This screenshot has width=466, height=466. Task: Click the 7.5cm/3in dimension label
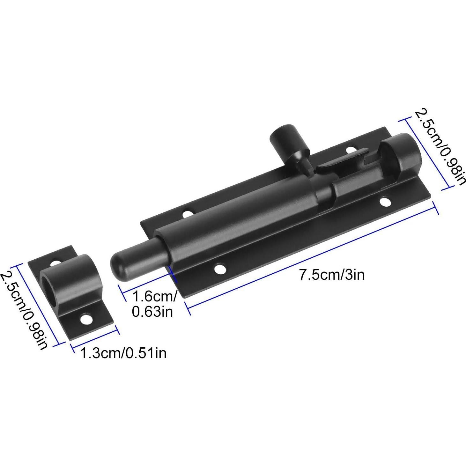pyautogui.click(x=332, y=275)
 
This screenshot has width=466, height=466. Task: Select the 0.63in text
pyautogui.click(x=152, y=312)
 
